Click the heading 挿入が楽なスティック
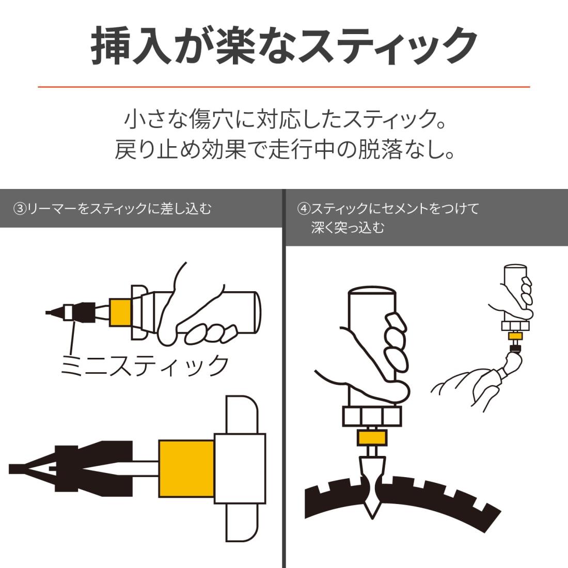pos(284,46)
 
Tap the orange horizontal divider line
pos(284,87)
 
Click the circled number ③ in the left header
pos(20,209)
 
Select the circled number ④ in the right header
pos(304,209)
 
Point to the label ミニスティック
pos(145,365)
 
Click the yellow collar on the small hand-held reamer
pos(120,312)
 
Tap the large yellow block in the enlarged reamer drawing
pos(186,469)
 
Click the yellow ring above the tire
pos(372,438)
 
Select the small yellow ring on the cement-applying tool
pos(515,336)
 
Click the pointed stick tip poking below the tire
pos(372,510)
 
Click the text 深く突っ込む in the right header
pos(348,228)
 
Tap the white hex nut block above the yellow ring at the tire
pos(372,417)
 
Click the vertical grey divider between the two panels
pos(284,378)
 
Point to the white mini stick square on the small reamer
pos(68,312)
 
